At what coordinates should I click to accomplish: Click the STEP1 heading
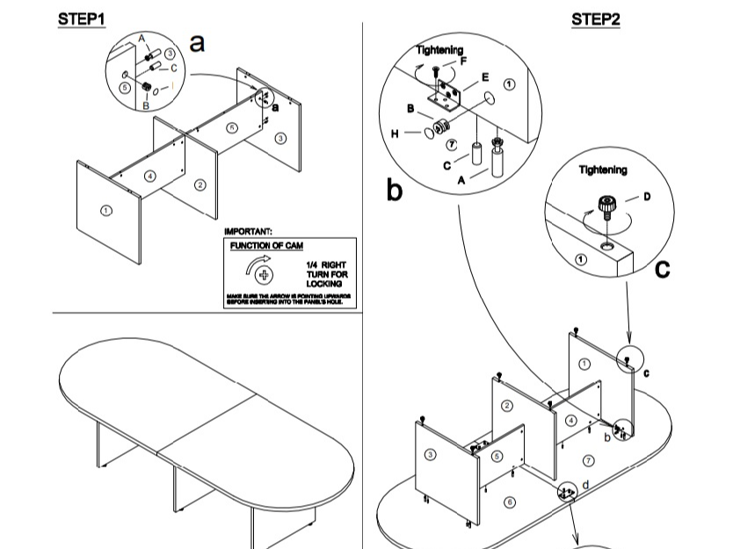[82, 18]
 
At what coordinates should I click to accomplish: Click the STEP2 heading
[596, 18]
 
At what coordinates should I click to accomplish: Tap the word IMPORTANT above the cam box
[249, 231]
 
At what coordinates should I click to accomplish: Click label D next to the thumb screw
[647, 196]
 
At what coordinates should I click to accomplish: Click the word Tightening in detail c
[602, 170]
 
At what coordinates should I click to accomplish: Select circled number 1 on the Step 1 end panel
[106, 211]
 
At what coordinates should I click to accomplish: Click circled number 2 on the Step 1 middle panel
[200, 185]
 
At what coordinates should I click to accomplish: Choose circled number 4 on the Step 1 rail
[150, 177]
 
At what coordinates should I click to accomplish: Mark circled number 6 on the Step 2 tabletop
[509, 502]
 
